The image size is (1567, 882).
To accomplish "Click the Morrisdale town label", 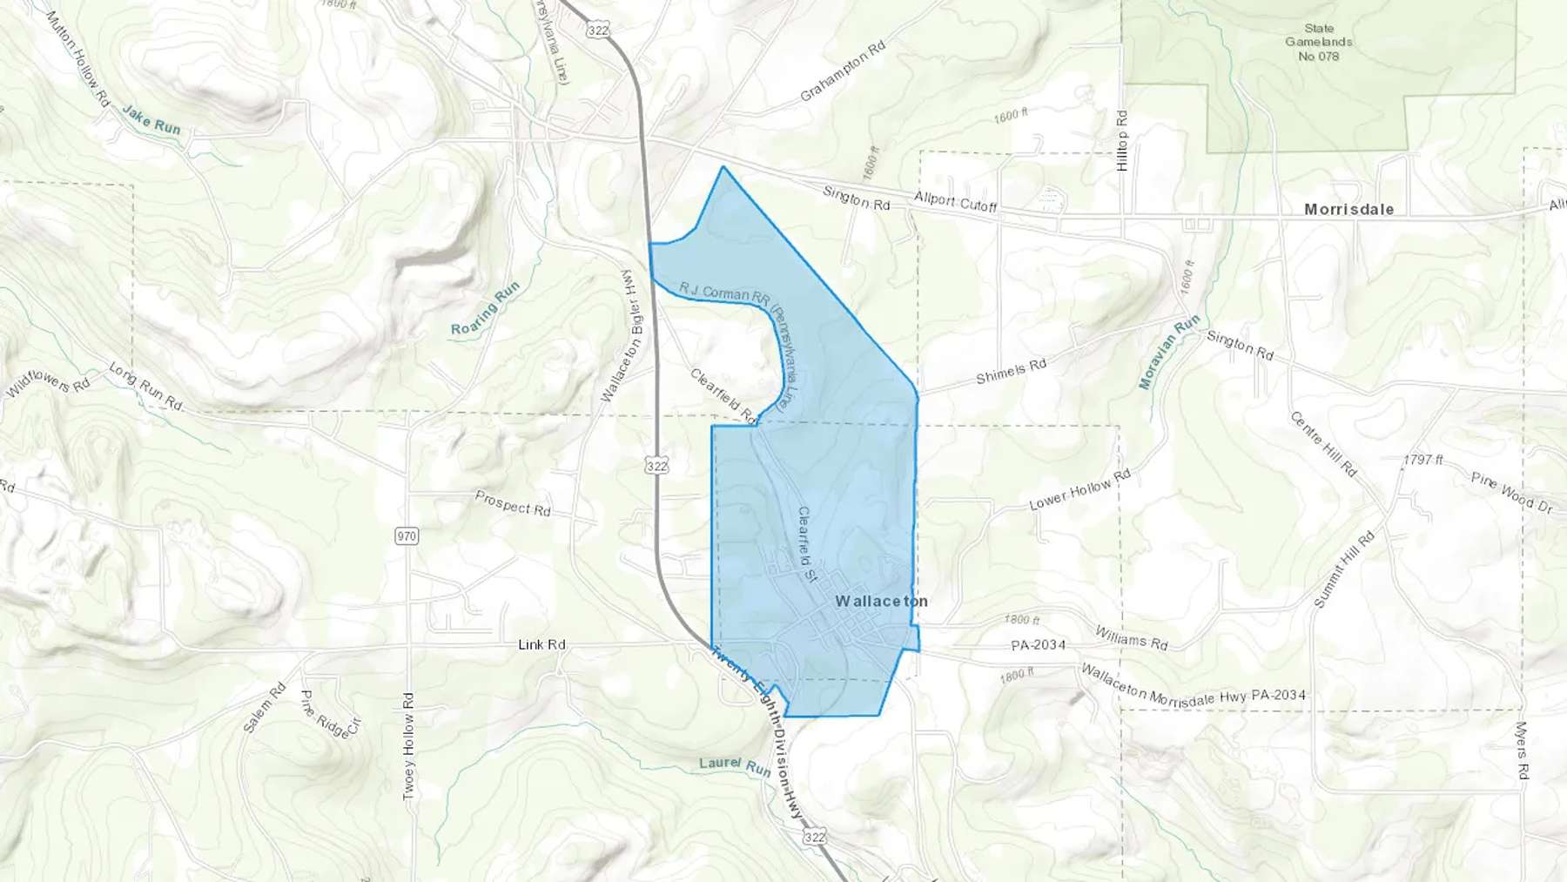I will pos(1348,209).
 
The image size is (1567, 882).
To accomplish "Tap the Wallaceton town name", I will pos(881,601).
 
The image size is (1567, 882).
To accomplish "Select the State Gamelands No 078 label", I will pos(1318,42).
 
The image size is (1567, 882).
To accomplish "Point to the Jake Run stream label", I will pos(151,120).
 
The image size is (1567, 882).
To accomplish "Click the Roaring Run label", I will pos(485,308).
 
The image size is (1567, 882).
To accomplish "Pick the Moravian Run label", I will pos(1169,352).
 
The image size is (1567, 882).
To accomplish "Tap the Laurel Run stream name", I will pos(735,766).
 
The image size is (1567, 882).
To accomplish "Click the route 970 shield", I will pos(407,535).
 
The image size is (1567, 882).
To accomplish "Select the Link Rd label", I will pos(541,644).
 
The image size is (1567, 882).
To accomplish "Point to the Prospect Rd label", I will pos(513,502).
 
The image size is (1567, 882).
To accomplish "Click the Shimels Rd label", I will pos(1011,371).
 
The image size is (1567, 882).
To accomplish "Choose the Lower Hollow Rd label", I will pos(1079,490).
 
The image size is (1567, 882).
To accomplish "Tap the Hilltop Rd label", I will pos(1122,140).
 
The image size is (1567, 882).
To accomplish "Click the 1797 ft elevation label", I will pos(1422,460).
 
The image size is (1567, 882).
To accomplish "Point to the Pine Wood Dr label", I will pos(1511,492).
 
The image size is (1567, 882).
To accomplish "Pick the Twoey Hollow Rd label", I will pos(408,747).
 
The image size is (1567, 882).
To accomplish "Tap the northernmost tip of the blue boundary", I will pos(723,166).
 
